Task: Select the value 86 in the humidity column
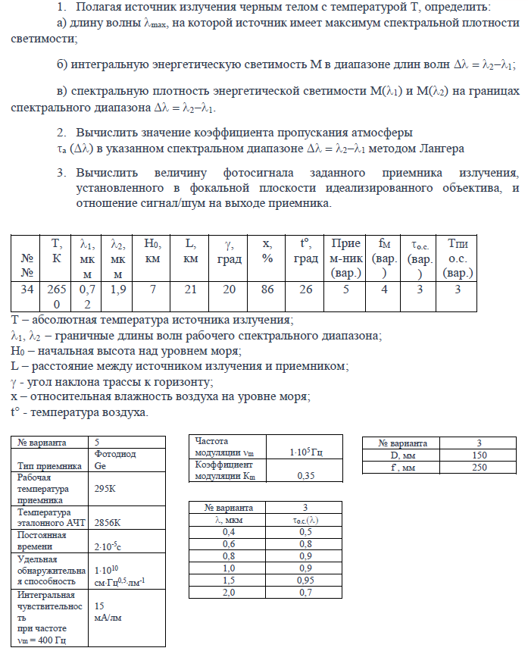[x=267, y=289]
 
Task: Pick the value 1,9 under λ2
[x=118, y=289]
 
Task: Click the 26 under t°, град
[x=306, y=289]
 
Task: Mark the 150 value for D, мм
[x=479, y=455]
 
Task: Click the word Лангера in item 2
[x=441, y=147]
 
